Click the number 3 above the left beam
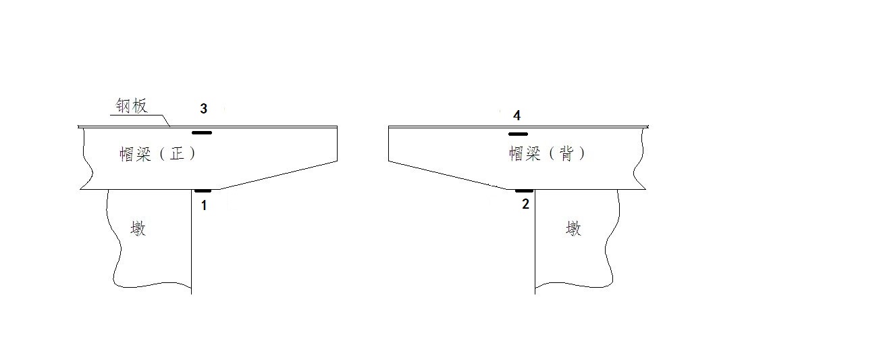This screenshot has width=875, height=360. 203,108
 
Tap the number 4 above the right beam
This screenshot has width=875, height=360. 516,115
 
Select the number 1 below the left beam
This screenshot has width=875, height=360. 204,205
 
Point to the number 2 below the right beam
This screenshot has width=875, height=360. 525,204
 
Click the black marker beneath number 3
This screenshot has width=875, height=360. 202,132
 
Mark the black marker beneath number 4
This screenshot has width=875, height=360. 518,134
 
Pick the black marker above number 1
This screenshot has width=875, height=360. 203,190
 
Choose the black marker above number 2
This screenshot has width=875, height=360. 524,190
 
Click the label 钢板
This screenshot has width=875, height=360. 130,107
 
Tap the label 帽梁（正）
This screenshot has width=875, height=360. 157,154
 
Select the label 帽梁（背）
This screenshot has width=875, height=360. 547,154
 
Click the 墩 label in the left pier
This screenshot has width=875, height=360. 138,229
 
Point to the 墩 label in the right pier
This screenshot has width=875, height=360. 573,229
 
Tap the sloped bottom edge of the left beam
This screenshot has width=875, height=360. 278,175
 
